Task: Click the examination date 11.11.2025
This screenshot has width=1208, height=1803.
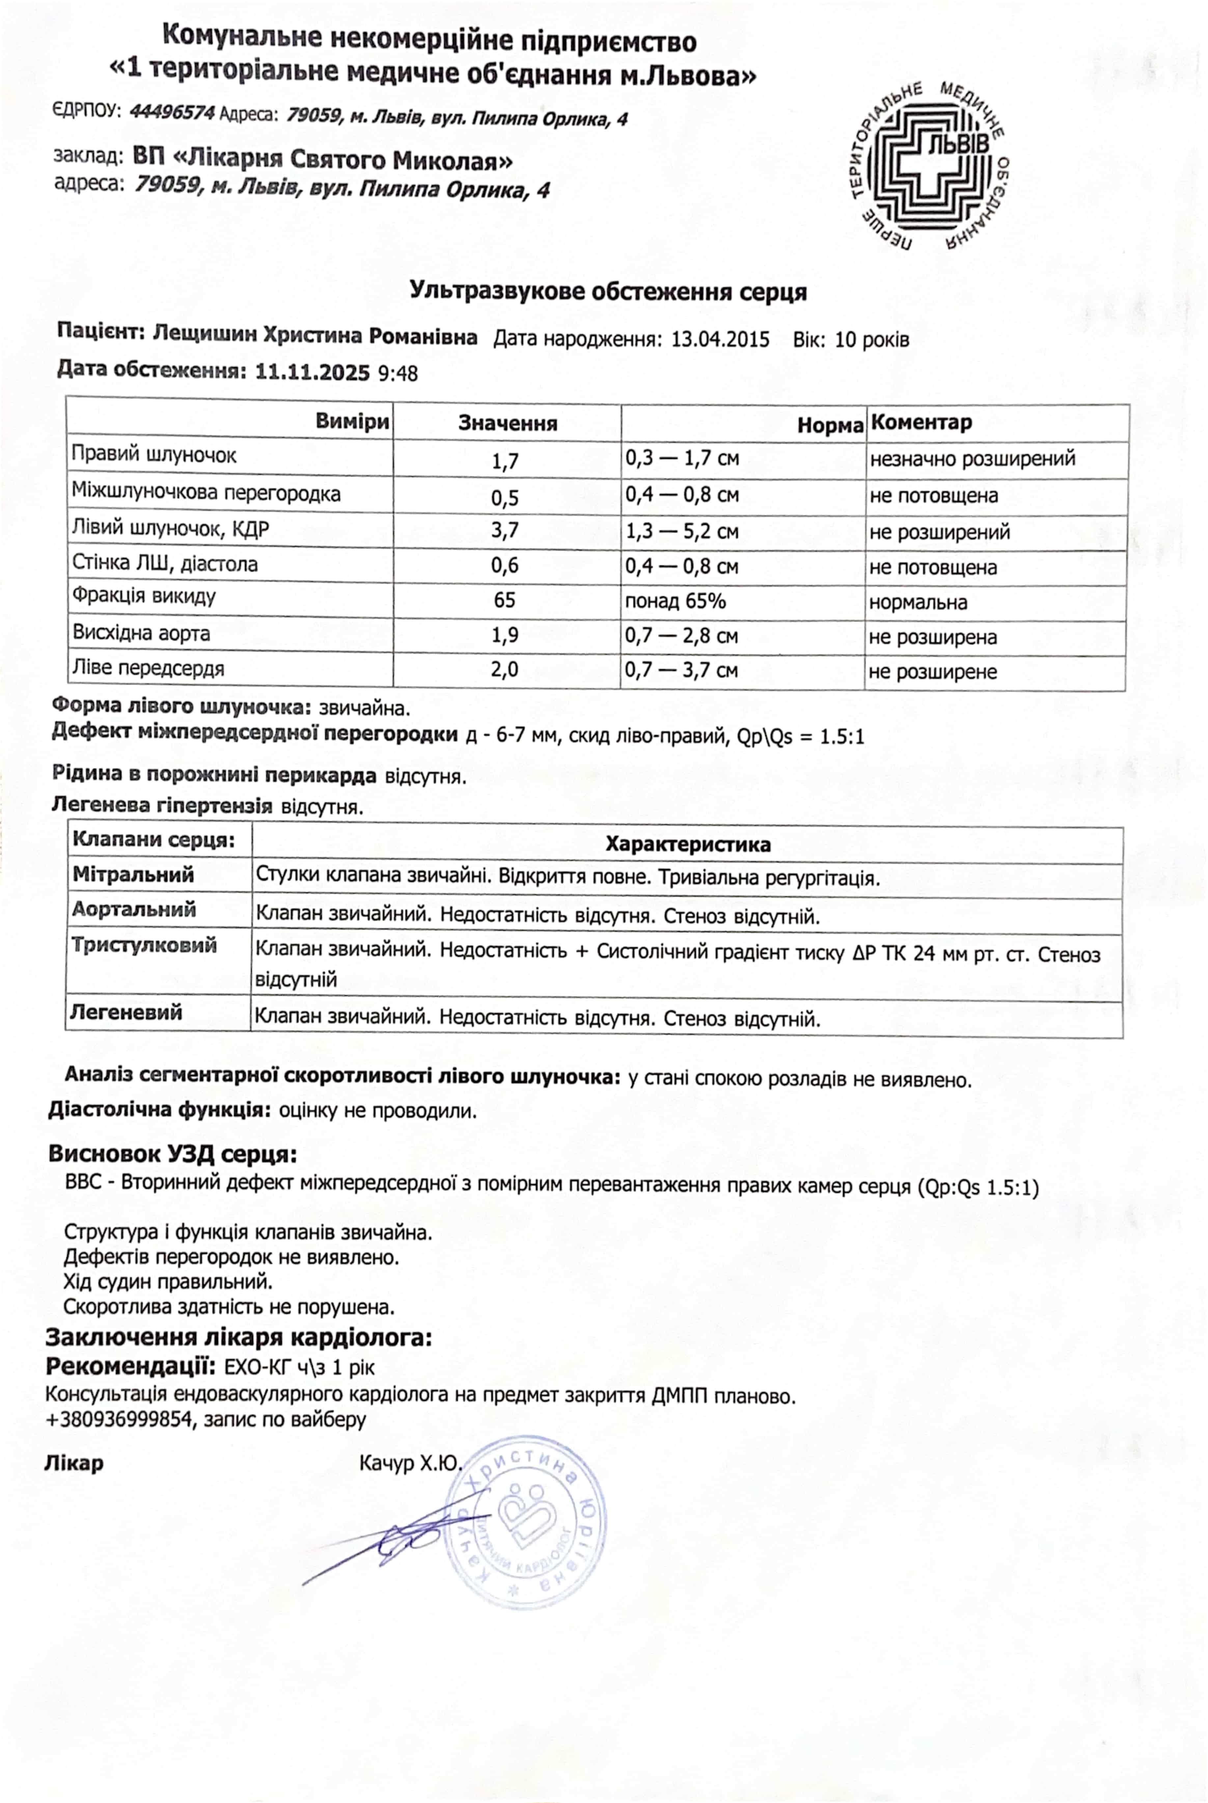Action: tap(312, 373)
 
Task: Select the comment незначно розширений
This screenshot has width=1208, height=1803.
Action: tap(972, 459)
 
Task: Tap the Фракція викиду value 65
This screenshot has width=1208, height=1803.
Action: tap(505, 600)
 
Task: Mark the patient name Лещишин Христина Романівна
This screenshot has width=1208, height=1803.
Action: tap(315, 336)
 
